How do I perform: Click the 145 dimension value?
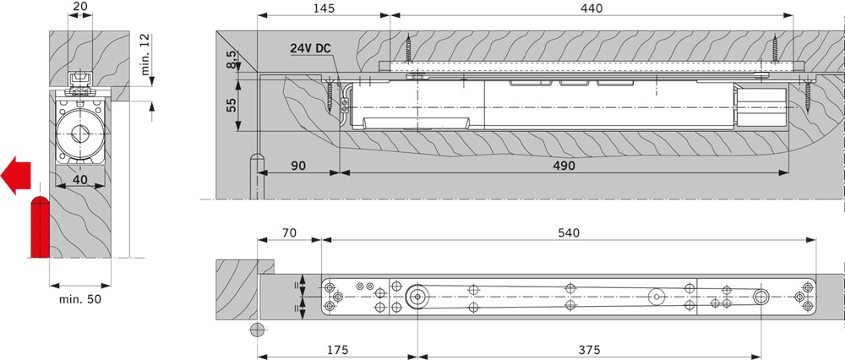pos(323,8)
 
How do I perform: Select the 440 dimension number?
pos(592,8)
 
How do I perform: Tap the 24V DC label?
pos(310,48)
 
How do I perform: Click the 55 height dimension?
pos(232,105)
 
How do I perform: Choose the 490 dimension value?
pos(564,166)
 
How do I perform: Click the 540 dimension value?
pos(569,232)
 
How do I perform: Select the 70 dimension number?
pos(289,232)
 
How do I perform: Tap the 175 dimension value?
pos(337,350)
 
